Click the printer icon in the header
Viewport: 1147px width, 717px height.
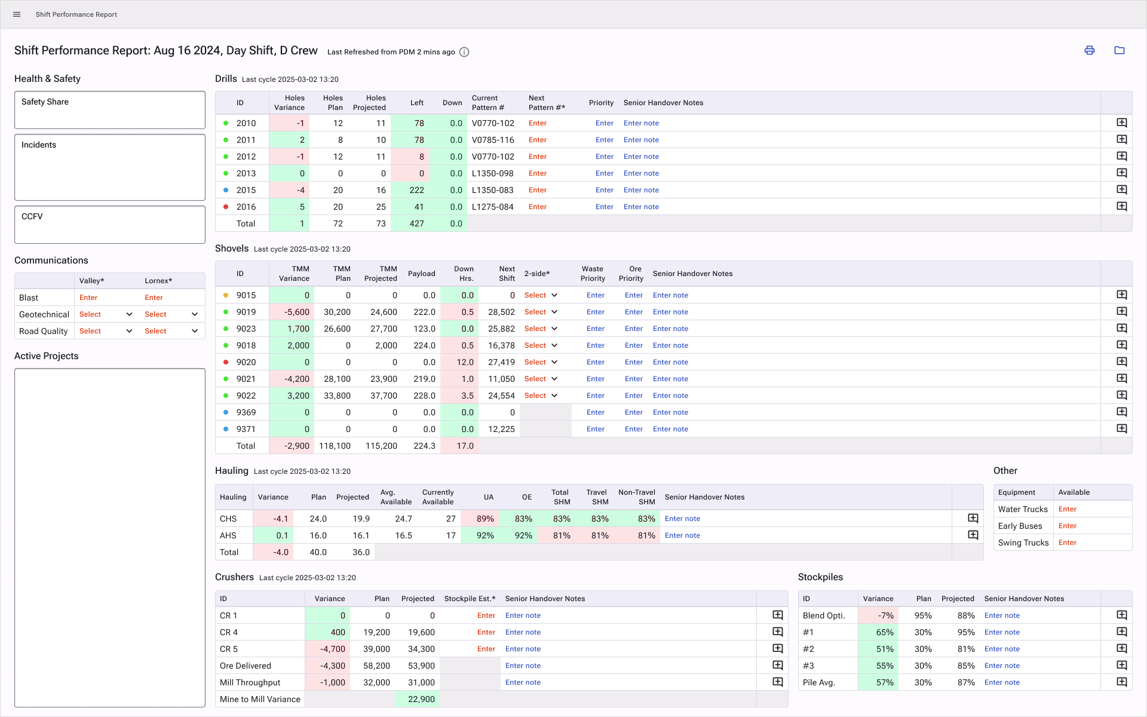pyautogui.click(x=1090, y=50)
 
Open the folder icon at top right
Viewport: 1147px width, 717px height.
pyautogui.click(x=1120, y=50)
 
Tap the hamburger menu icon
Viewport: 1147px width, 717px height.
pyautogui.click(x=17, y=14)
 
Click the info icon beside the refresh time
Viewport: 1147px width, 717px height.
pyautogui.click(x=464, y=52)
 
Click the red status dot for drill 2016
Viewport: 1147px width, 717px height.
pyautogui.click(x=226, y=207)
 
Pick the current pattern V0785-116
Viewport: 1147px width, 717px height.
pyautogui.click(x=493, y=140)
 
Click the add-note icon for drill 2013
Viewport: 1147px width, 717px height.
pyautogui.click(x=1122, y=173)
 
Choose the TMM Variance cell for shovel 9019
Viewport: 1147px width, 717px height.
pyautogui.click(x=292, y=312)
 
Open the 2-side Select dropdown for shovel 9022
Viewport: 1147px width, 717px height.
pyautogui.click(x=541, y=396)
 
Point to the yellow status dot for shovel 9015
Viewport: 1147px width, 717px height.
pyautogui.click(x=226, y=295)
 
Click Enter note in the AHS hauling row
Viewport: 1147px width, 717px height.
pyautogui.click(x=682, y=535)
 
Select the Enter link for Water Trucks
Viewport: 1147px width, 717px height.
pyautogui.click(x=1068, y=509)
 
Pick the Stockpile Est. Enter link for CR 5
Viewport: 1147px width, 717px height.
pyautogui.click(x=486, y=649)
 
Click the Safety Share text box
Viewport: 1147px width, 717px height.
pyautogui.click(x=110, y=110)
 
